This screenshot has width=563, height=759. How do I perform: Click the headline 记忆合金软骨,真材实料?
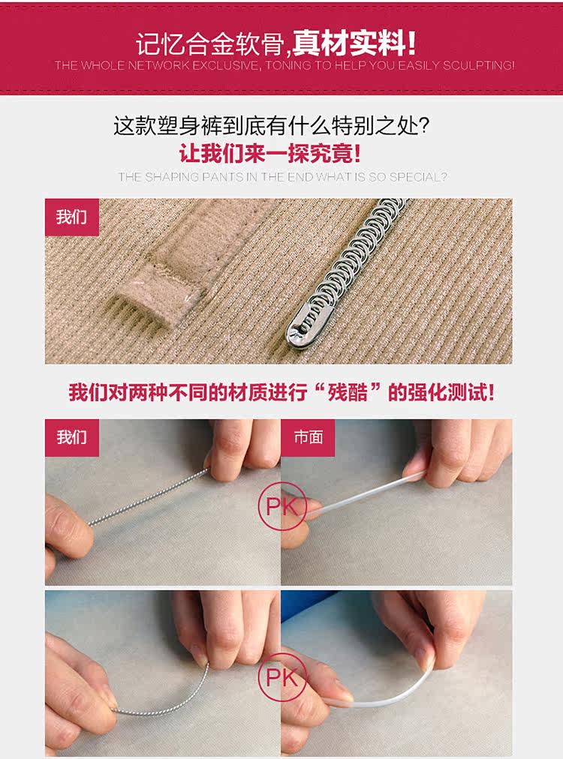[275, 44]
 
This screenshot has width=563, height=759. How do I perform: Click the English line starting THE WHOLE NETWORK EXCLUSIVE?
[285, 65]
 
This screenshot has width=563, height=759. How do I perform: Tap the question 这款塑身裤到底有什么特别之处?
[272, 126]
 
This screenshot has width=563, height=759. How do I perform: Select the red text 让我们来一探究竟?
[270, 154]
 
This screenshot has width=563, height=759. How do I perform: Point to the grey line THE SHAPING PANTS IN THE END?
[282, 177]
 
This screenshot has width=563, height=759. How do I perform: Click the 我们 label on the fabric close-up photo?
[72, 217]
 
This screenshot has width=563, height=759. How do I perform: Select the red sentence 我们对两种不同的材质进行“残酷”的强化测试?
[281, 392]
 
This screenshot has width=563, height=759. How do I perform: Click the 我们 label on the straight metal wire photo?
[72, 437]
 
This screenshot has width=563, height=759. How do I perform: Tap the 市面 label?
[308, 437]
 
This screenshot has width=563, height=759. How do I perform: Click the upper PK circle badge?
[282, 506]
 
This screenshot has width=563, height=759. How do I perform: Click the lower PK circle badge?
[282, 677]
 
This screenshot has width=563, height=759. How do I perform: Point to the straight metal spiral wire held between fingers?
[149, 497]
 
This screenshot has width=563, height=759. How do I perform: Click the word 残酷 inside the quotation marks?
[348, 392]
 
